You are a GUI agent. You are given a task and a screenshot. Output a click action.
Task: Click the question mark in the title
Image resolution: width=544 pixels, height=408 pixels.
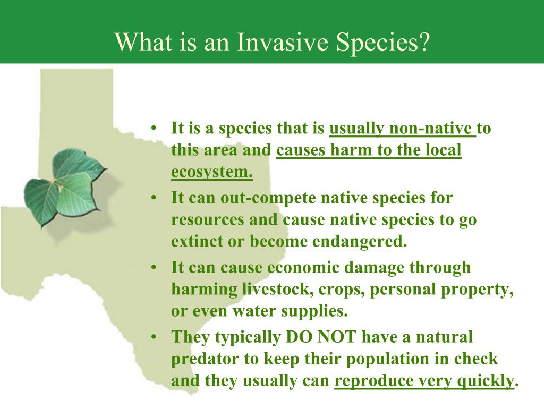point(422,41)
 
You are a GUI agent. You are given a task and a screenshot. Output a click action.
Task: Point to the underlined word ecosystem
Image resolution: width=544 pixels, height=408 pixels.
point(211,172)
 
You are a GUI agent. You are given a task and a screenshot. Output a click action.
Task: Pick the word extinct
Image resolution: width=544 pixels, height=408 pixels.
point(195,242)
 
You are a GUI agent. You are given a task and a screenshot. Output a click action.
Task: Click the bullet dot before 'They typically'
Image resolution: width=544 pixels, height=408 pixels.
point(154,337)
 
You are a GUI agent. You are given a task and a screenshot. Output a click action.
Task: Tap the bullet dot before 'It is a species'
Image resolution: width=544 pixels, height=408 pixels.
point(154,129)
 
